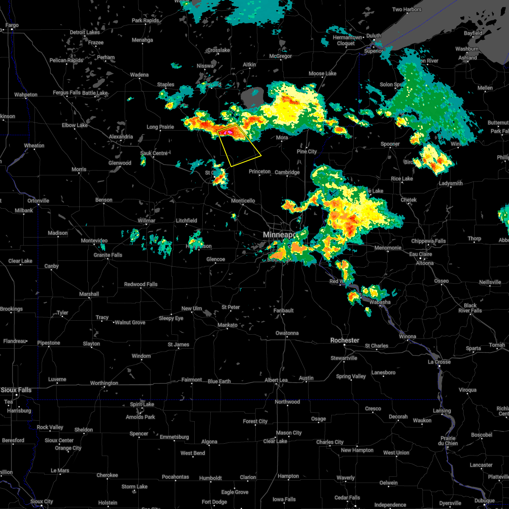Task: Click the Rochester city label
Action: pos(345,340)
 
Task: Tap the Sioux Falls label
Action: pos(16,390)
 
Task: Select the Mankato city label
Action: pos(227,325)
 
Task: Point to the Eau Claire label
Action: pos(420,254)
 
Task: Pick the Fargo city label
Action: pos(12,25)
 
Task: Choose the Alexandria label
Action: pos(121,137)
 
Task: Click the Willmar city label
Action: pos(146,221)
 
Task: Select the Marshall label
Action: pos(89,294)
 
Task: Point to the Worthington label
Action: pos(104,383)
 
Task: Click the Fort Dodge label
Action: pos(214,502)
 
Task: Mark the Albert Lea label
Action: pos(276,380)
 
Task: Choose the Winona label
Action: pos(408,336)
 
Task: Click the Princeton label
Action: pos(260,171)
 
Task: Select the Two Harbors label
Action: pos(407,9)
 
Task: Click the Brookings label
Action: pos(11,309)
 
